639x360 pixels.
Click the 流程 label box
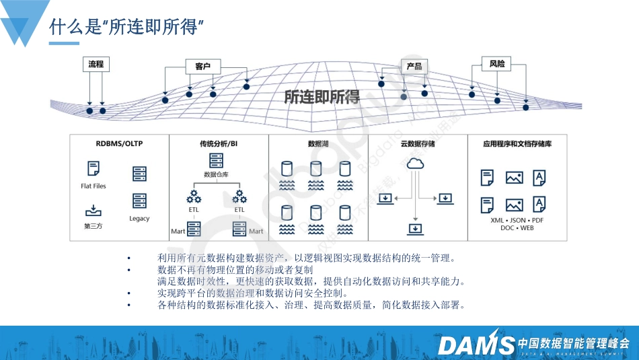tap(96, 65)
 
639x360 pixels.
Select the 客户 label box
tap(203, 66)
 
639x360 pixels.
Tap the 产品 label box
tap(414, 66)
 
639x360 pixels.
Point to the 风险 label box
tap(497, 64)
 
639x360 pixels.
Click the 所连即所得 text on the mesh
tap(322, 97)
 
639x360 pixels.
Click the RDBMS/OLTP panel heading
tap(119, 143)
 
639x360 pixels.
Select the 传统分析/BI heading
tap(218, 144)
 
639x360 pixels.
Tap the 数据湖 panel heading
tap(317, 144)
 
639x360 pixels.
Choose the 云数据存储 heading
tap(417, 144)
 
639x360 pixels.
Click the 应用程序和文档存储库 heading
tap(517, 144)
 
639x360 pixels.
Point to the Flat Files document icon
tap(93, 169)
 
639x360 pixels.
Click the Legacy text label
tap(139, 219)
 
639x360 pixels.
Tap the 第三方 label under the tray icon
tap(93, 226)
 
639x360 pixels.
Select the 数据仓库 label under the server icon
tap(216, 174)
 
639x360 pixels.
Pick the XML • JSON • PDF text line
tap(517, 220)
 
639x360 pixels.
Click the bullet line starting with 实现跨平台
tap(252, 293)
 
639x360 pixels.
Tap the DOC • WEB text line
tap(517, 228)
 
